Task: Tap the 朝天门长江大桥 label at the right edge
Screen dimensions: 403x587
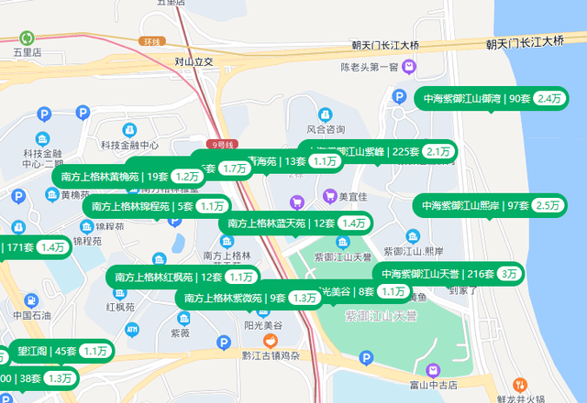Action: tap(536, 42)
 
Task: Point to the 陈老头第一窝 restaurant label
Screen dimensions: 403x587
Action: tap(369, 67)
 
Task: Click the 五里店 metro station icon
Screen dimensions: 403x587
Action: tap(27, 38)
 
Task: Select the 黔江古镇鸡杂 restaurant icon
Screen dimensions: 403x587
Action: tap(259, 341)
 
